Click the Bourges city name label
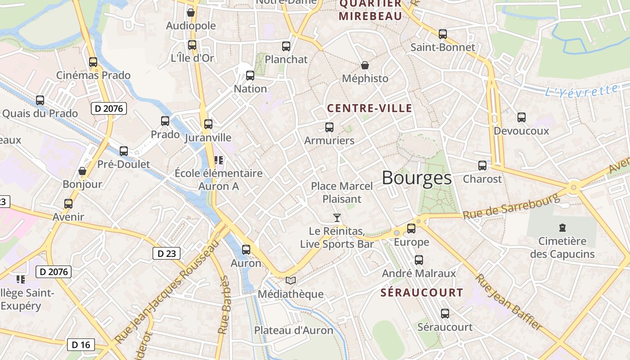(x=417, y=178)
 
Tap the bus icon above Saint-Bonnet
(x=443, y=34)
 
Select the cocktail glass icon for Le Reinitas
(x=337, y=218)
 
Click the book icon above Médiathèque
(x=291, y=281)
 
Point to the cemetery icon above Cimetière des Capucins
(x=562, y=228)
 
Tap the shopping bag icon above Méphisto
(x=365, y=66)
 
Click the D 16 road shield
(x=81, y=345)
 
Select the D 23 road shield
(x=166, y=253)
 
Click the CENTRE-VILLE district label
(x=369, y=108)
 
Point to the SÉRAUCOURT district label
(x=422, y=292)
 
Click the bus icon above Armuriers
(x=329, y=127)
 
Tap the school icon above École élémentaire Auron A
(x=219, y=160)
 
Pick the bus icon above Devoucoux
(x=522, y=117)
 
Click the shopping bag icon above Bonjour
(x=82, y=171)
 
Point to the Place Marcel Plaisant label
(x=342, y=193)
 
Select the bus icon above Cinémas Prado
(x=93, y=62)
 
